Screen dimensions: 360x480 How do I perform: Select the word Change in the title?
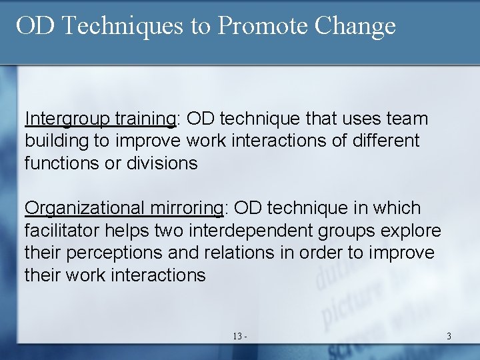(355, 27)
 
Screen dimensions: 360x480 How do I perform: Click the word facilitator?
(67, 231)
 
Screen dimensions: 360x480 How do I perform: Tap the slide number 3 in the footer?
(449, 337)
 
